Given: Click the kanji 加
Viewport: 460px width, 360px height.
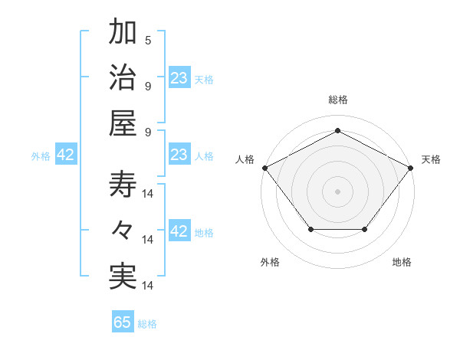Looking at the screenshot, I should [123, 33].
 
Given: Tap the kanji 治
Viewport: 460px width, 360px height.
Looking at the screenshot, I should [123, 78].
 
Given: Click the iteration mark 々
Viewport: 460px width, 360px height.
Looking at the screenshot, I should [123, 230].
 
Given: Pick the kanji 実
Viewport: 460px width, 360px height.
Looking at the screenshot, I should [123, 276].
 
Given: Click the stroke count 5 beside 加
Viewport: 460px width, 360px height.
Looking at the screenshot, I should [148, 41].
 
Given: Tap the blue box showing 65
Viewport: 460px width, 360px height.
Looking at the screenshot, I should [123, 322].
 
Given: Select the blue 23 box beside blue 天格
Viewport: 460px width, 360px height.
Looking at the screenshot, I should [179, 78].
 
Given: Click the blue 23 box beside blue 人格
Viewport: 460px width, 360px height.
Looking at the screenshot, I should [179, 155].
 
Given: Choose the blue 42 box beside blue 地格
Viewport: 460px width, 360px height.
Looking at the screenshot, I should [179, 232].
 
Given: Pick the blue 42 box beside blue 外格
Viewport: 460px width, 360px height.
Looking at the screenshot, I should [66, 155].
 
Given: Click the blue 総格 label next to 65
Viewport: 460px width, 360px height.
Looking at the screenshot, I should [147, 324].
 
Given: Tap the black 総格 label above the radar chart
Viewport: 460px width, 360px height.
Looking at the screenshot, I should [337, 100].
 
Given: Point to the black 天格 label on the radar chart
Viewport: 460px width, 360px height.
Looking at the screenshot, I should [432, 159].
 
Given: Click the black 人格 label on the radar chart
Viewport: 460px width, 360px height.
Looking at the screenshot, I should [245, 159].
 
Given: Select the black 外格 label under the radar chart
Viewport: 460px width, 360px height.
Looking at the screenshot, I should [270, 262].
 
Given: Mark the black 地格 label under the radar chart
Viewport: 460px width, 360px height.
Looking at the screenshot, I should [402, 262].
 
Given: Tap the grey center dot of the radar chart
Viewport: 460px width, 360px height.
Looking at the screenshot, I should [337, 191].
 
